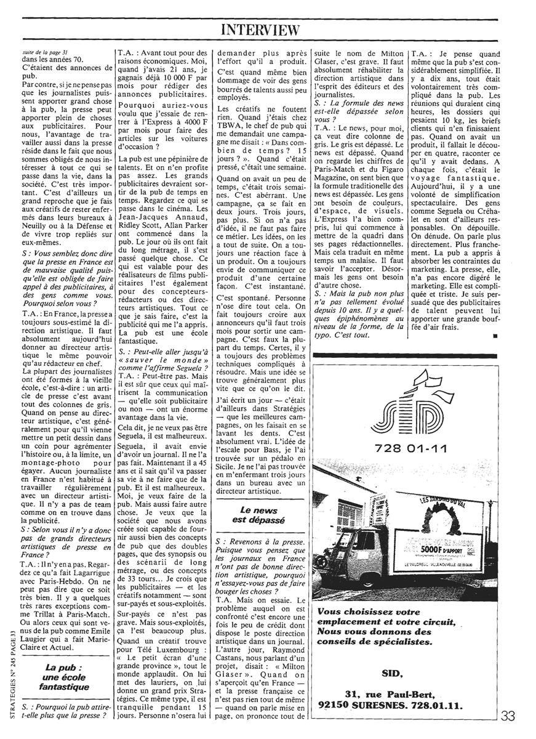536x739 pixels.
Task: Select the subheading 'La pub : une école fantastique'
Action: click(65, 677)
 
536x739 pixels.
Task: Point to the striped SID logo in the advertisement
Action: click(407, 405)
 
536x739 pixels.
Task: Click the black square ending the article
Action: click(494, 337)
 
